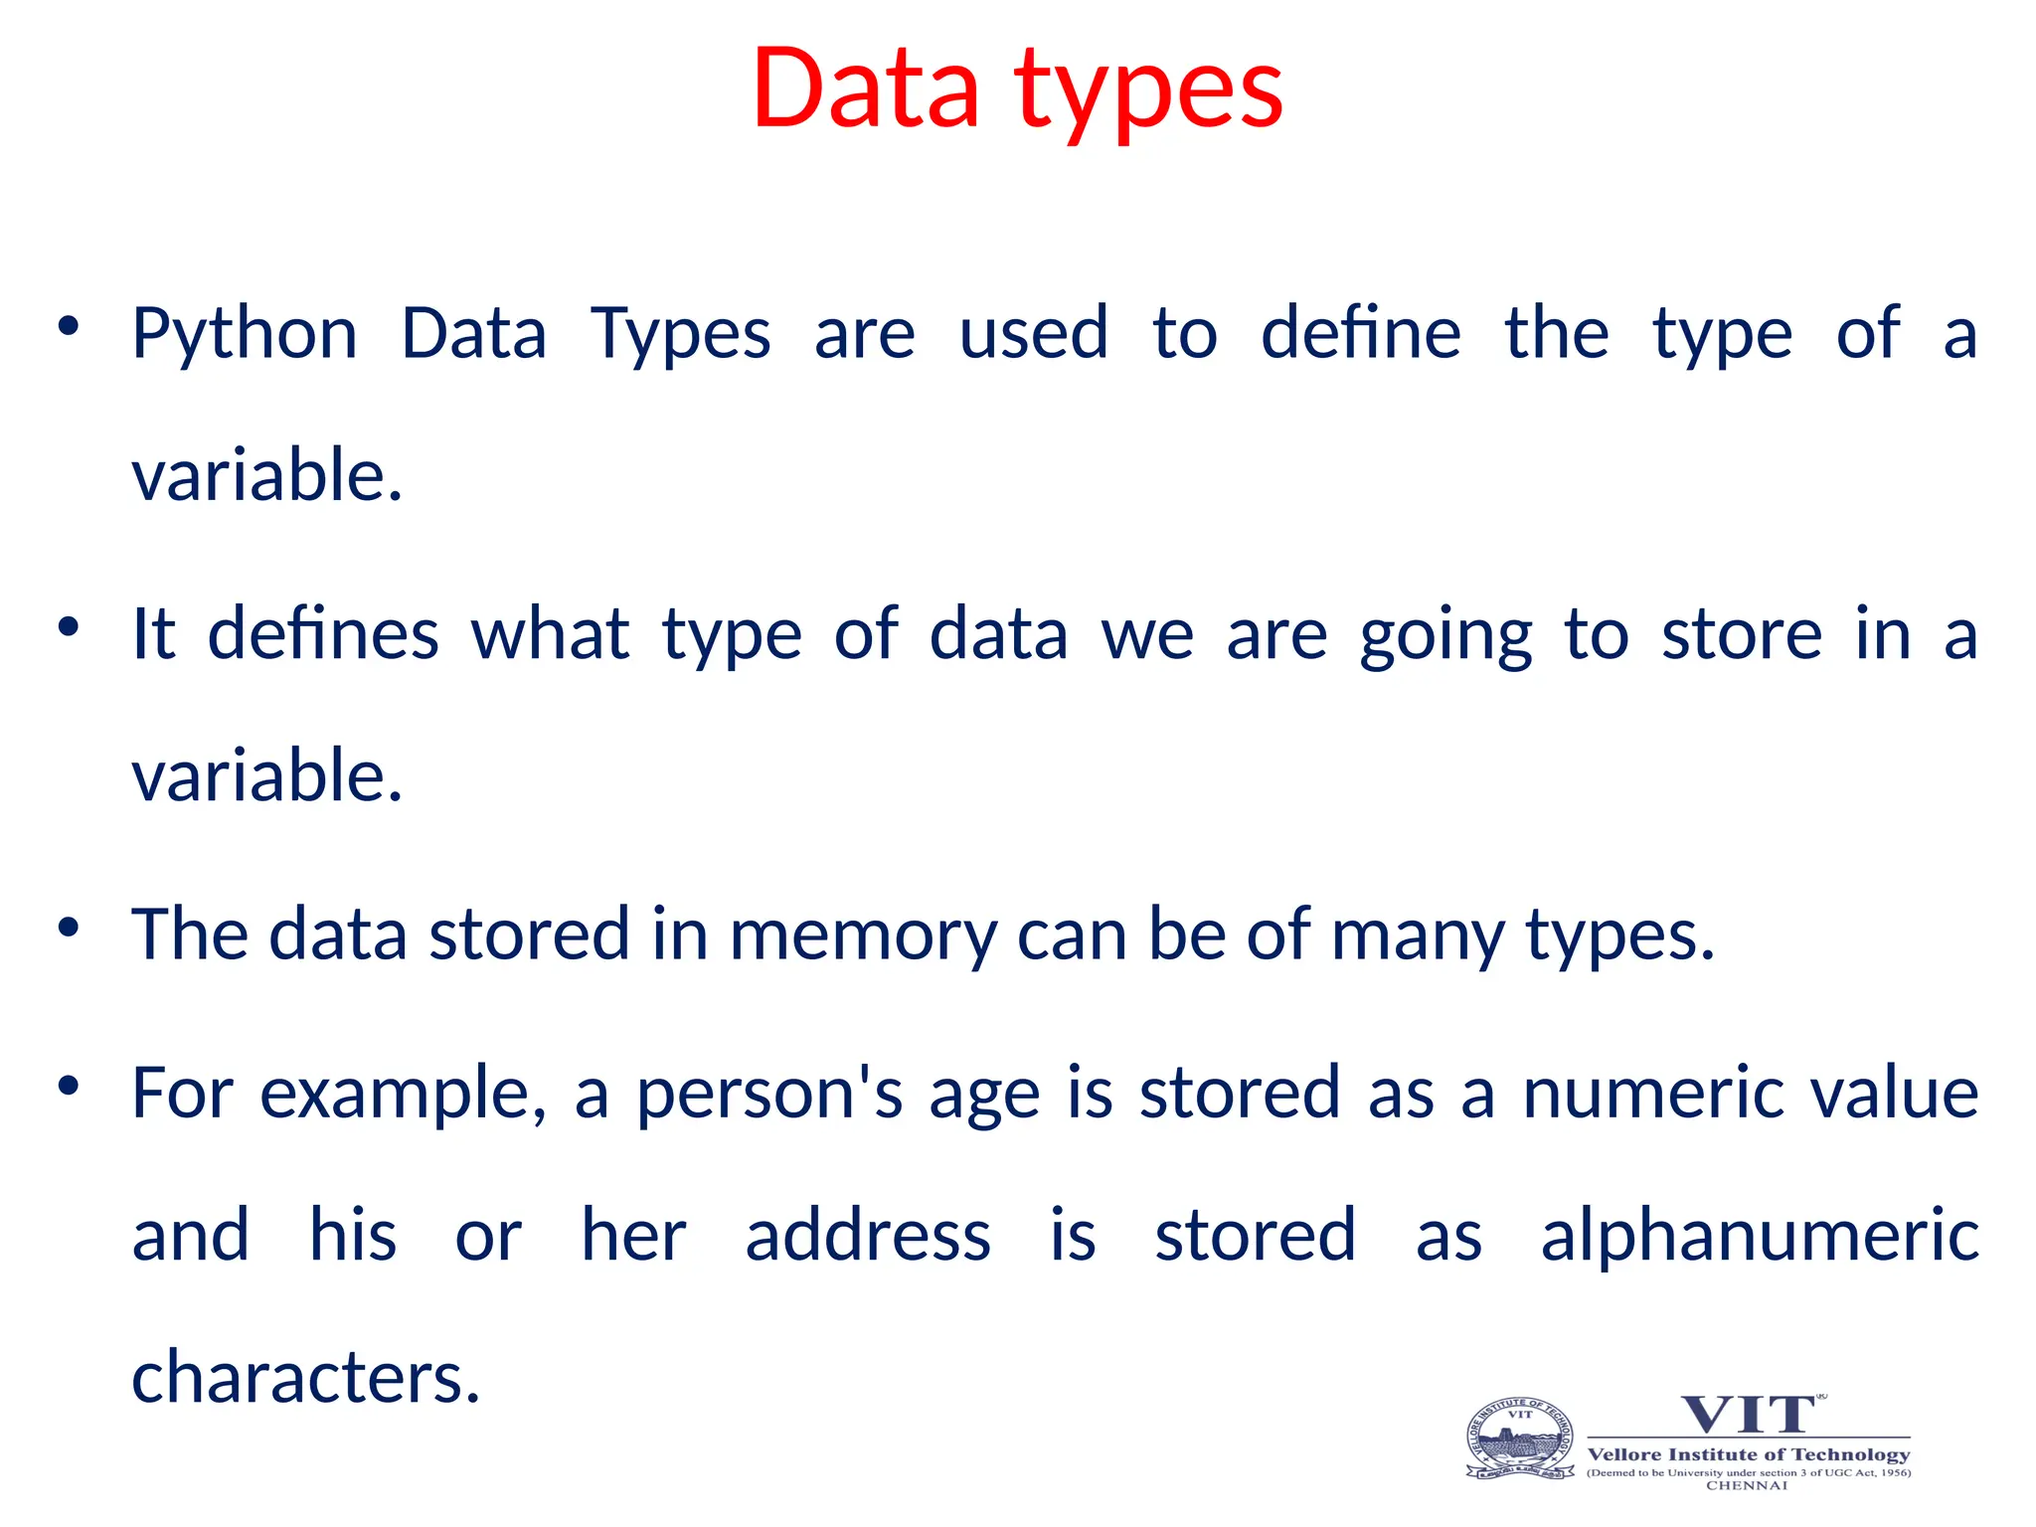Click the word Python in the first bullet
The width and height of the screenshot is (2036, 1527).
(x=245, y=334)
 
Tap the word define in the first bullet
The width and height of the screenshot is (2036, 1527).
(x=1360, y=334)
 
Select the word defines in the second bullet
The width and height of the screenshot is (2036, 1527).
(x=323, y=634)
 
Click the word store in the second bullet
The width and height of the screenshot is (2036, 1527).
(x=1742, y=634)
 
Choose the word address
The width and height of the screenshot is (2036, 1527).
(x=868, y=1236)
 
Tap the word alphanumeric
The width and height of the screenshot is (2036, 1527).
(x=1760, y=1236)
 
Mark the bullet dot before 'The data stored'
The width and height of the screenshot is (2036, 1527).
(x=68, y=928)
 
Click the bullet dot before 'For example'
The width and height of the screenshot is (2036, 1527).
(x=68, y=1085)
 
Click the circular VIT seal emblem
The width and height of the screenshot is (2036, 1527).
(x=1520, y=1440)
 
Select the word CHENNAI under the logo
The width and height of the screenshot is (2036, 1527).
(x=1747, y=1485)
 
